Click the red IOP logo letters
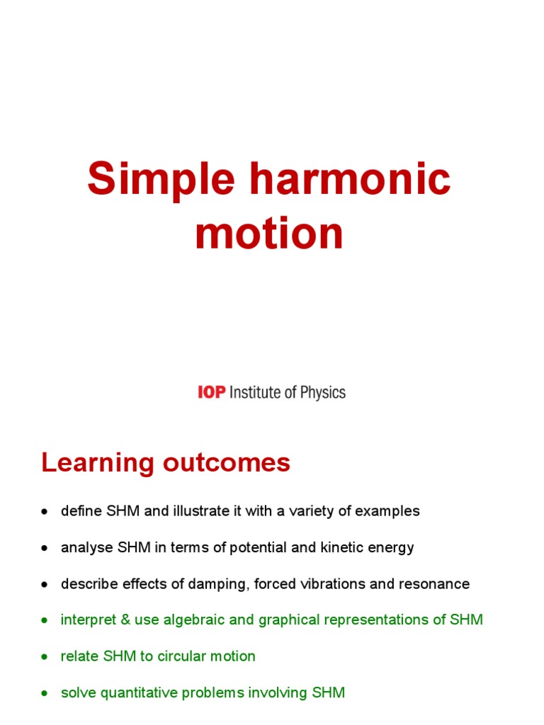click(211, 392)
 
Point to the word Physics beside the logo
click(320, 392)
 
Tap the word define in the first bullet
click(79, 511)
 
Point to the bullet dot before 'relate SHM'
click(45, 657)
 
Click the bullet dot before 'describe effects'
click(45, 585)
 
